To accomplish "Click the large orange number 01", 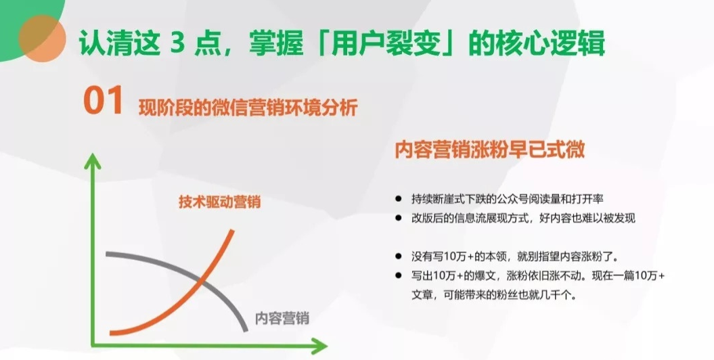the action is [x=104, y=100].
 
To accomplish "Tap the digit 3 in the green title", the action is [x=179, y=44].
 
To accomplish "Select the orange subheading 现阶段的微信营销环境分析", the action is [x=248, y=108].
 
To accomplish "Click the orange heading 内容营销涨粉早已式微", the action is [x=489, y=150].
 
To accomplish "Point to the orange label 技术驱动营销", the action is [x=219, y=202].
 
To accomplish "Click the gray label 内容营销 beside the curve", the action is [x=282, y=317].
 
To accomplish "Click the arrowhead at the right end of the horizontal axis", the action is [x=320, y=346].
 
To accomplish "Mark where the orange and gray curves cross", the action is [x=201, y=282].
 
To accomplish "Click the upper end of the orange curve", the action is [x=233, y=231].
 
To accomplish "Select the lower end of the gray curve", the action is [x=246, y=330].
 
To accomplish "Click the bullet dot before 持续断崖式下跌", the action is [x=399, y=199].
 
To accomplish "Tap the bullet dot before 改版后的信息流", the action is [x=399, y=218].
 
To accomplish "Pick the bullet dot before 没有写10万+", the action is [x=399, y=256].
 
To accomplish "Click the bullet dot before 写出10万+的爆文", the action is [x=399, y=276].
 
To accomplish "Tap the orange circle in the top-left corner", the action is [x=43, y=39].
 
